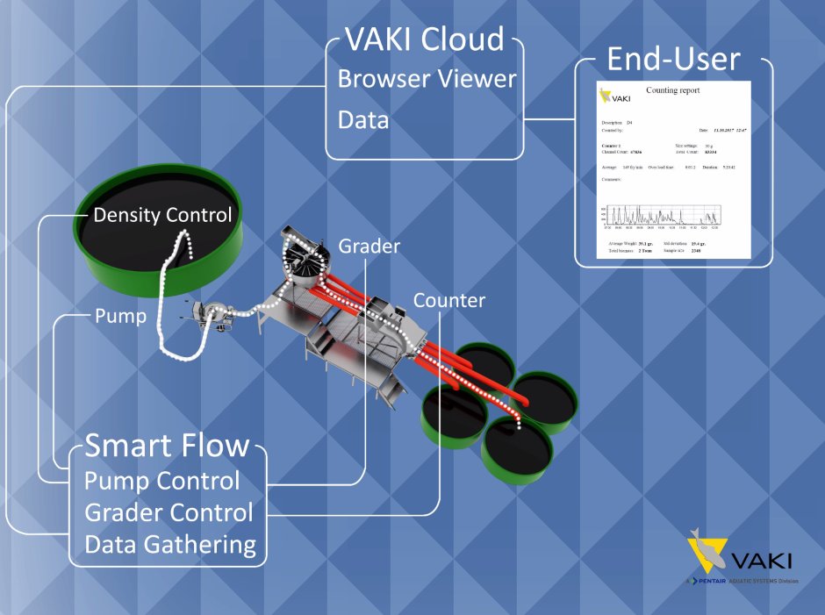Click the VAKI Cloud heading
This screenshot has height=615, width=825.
pyautogui.click(x=425, y=39)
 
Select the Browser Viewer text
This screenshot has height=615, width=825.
pyautogui.click(x=427, y=78)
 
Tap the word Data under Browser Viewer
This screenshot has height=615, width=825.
pyautogui.click(x=363, y=119)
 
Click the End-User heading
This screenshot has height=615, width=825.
pyautogui.click(x=673, y=60)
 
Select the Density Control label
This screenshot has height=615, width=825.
pyautogui.click(x=163, y=215)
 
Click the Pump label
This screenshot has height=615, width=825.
pyautogui.click(x=120, y=316)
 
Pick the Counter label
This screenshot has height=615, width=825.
pyautogui.click(x=449, y=301)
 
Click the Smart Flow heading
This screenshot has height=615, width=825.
pyautogui.click(x=167, y=446)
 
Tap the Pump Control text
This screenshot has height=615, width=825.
pyautogui.click(x=161, y=481)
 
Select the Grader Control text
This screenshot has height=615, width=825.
pyautogui.click(x=169, y=512)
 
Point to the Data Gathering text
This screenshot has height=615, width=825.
pyautogui.click(x=170, y=545)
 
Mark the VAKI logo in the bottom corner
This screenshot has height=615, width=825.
pyautogui.click(x=737, y=556)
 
